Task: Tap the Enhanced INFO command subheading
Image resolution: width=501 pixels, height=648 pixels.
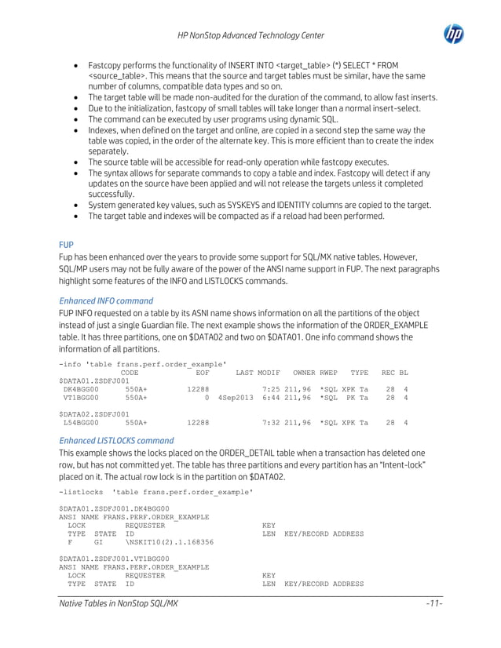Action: tap(106, 300)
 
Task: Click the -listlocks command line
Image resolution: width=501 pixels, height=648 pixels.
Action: tap(156, 491)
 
